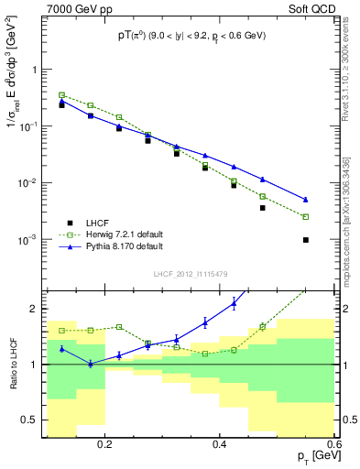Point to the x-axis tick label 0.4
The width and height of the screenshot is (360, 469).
point(220,442)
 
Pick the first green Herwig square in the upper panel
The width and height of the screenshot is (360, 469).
point(61,94)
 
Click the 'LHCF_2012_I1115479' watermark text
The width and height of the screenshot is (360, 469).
point(190,273)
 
